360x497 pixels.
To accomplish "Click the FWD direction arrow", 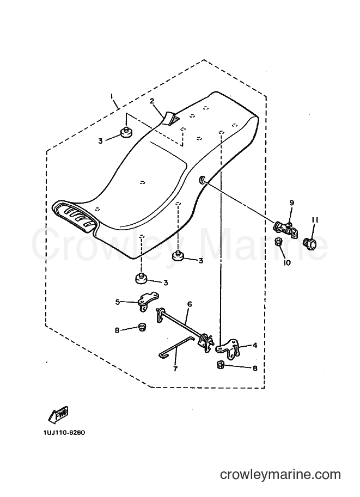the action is pos(58,415).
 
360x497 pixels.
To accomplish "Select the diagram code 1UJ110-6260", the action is pos(66,432).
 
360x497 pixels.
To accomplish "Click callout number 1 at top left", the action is pos(112,95).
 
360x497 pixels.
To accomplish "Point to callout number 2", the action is pos(152,101).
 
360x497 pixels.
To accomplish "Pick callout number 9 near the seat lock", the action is pos(291,203).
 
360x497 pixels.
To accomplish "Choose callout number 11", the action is pos(315,220).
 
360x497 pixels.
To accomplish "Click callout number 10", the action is pos(288,263).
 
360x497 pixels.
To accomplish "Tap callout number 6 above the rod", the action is pos(190,304).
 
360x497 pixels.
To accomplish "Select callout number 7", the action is pos(175,369).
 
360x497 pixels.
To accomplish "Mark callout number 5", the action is pos(118,302).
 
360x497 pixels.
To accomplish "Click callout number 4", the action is pos(255,345).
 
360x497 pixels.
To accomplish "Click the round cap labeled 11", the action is pos(311,244).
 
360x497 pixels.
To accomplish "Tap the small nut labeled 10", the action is pos(278,242).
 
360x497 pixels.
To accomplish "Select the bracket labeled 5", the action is pos(148,300).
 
